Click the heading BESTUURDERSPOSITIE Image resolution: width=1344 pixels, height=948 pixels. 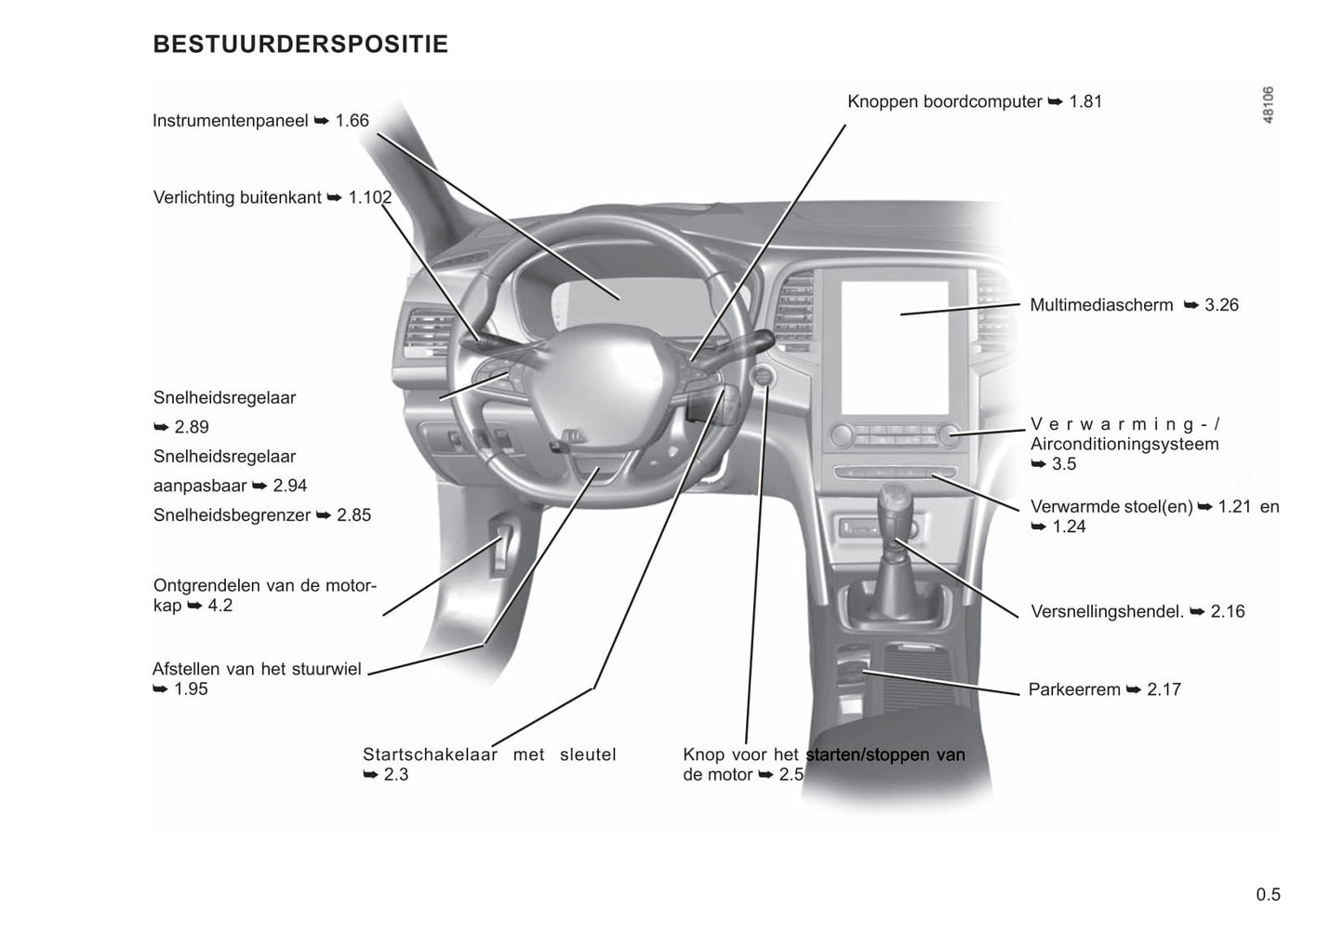click(x=299, y=45)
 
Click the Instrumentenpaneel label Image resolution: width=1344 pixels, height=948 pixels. click(x=230, y=121)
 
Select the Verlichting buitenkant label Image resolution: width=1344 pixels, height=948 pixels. click(x=237, y=198)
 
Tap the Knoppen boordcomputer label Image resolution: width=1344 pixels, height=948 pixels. click(x=944, y=101)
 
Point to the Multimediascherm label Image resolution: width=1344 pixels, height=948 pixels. click(x=1101, y=305)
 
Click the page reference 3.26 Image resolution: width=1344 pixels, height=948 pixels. click(x=1221, y=305)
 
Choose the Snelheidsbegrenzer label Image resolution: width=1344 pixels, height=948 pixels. click(x=232, y=515)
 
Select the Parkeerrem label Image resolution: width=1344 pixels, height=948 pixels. click(x=1074, y=689)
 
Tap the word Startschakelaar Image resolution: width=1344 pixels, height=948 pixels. click(x=430, y=754)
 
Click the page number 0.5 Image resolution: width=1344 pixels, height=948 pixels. click(x=1268, y=895)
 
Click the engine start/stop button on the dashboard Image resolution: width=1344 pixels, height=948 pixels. click(x=763, y=377)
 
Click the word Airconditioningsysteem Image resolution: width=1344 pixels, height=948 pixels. click(x=1124, y=445)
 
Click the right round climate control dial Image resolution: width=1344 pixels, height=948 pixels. click(x=948, y=434)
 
